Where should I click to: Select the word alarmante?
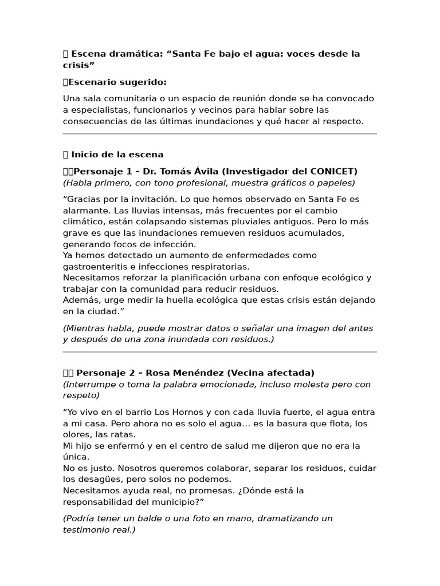86,210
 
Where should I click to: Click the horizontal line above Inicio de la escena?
220,134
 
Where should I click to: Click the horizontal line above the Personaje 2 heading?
220,352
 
